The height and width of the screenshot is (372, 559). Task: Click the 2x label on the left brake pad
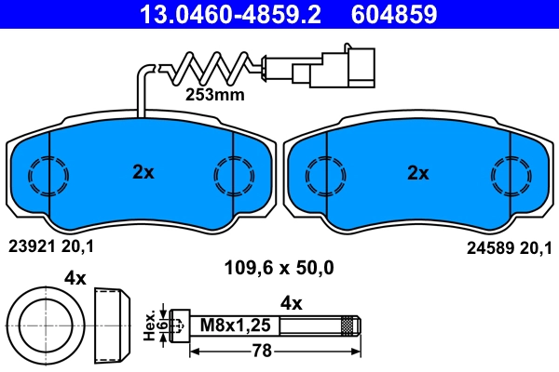click(142, 172)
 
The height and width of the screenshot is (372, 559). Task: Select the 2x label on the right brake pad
click(417, 172)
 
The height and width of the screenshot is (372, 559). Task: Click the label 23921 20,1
click(50, 246)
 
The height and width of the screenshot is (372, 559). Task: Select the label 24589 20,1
click(508, 246)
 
